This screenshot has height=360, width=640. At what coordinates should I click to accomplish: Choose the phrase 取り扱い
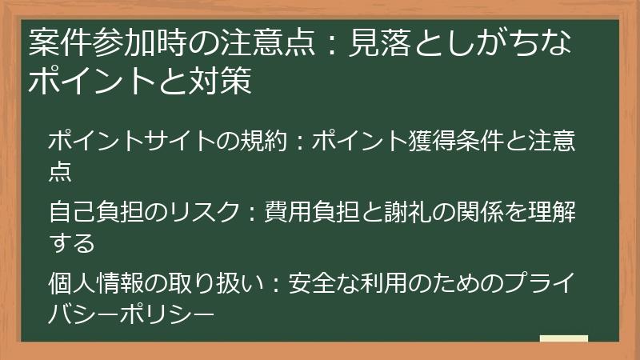point(211,282)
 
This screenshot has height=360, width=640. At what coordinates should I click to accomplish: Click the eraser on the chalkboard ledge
point(563,339)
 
